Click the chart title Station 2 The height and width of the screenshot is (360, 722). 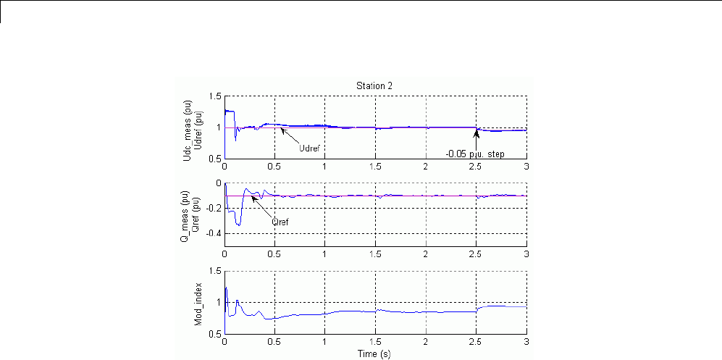click(x=375, y=85)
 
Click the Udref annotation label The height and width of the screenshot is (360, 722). click(x=309, y=148)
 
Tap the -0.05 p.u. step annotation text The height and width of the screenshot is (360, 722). click(x=475, y=154)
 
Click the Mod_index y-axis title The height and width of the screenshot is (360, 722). click(x=198, y=303)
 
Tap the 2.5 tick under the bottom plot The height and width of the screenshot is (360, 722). click(x=476, y=343)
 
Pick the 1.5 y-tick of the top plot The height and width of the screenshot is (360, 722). click(x=215, y=96)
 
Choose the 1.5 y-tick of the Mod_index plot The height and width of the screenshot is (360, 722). click(x=215, y=271)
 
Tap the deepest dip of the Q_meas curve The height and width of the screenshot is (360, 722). click(x=238, y=225)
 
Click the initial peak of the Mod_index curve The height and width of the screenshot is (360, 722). click(x=226, y=288)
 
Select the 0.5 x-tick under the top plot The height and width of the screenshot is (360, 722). click(x=274, y=167)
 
